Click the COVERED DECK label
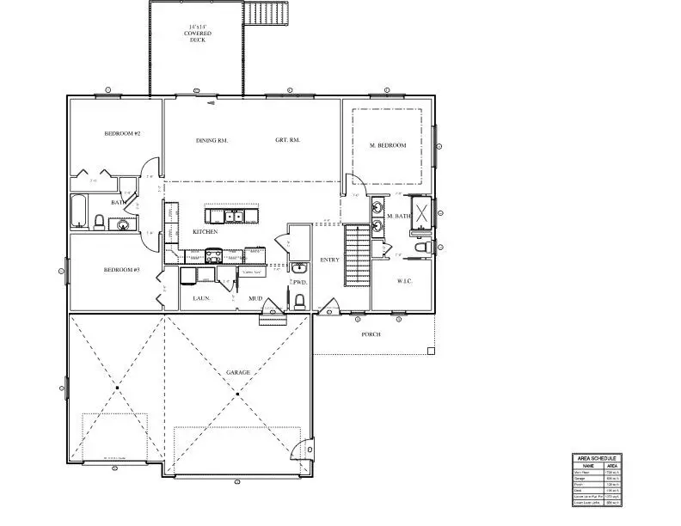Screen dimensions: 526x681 (x=199, y=34)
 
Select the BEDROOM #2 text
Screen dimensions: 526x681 (x=122, y=134)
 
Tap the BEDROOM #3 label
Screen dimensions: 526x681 (x=122, y=270)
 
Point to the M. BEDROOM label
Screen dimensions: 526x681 (x=388, y=145)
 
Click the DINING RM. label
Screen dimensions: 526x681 (x=212, y=140)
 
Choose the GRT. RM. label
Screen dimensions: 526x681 (x=287, y=140)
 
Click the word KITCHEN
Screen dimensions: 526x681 (x=205, y=232)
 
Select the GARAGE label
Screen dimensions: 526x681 (x=238, y=372)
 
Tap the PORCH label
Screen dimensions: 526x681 (x=371, y=334)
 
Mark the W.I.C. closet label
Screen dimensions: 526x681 (x=405, y=281)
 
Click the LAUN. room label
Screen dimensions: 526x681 (x=193, y=299)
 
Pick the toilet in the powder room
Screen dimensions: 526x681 (x=299, y=301)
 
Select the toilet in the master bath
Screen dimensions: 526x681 (x=421, y=248)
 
